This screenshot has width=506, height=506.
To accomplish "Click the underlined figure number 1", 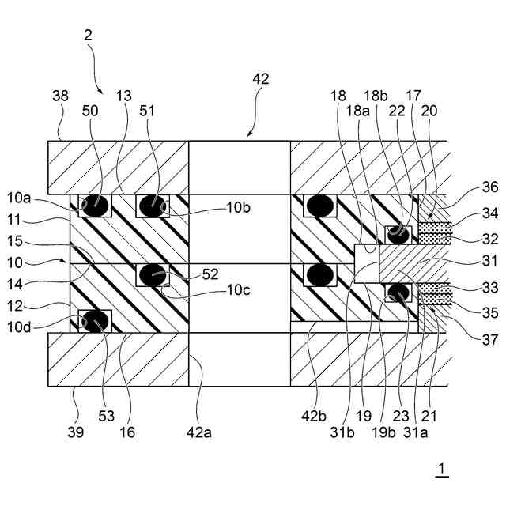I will point(442,469).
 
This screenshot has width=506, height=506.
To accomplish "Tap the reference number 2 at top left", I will point(88,35).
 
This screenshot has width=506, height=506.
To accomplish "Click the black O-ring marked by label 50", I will point(96,205).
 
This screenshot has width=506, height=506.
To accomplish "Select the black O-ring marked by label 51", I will point(151,206).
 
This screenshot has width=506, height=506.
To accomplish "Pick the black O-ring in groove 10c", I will point(152,275).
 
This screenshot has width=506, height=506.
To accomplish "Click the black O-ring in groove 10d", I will point(96,321).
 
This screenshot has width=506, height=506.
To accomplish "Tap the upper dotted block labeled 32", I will point(435,232).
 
